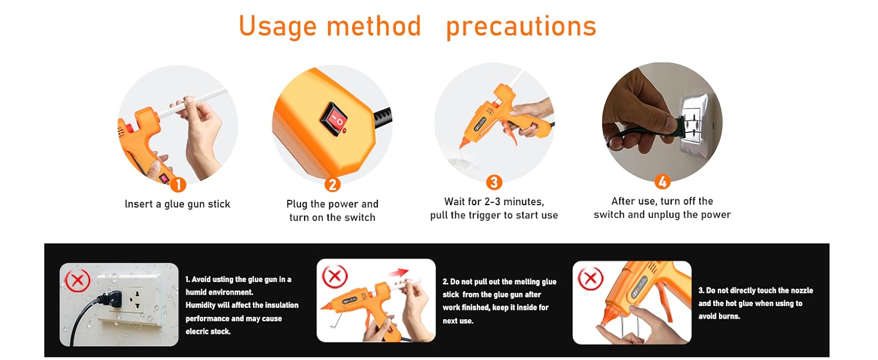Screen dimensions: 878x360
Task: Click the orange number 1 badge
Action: click(178, 184)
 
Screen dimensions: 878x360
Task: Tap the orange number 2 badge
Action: click(332, 184)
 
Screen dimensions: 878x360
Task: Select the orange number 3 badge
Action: click(494, 182)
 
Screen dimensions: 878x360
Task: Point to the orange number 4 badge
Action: click(663, 182)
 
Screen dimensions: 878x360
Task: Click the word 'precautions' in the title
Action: click(521, 27)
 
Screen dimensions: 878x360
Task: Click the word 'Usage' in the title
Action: click(278, 26)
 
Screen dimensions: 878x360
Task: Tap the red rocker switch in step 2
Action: click(333, 118)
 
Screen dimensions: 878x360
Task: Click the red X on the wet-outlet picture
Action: click(77, 280)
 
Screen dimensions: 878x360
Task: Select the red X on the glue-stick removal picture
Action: click(335, 277)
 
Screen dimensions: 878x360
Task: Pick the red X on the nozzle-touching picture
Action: click(591, 279)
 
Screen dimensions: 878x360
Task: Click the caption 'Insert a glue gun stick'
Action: click(178, 204)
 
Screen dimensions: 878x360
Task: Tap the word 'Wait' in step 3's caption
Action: click(457, 202)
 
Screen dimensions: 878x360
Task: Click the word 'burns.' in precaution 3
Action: click(729, 316)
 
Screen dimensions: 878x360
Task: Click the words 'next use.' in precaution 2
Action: click(458, 321)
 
